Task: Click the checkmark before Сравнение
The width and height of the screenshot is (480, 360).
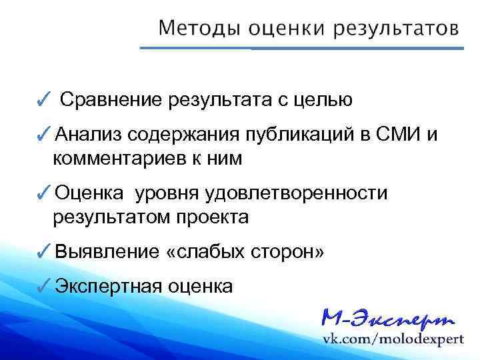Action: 42,101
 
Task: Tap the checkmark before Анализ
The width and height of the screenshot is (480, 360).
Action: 42,137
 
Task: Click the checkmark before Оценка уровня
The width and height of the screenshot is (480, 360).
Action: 42,195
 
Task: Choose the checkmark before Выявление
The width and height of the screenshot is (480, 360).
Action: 42,253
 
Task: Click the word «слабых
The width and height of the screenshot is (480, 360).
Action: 206,253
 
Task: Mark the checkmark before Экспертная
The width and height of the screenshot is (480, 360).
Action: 42,287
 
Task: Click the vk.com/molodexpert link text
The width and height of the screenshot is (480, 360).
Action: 393,339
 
